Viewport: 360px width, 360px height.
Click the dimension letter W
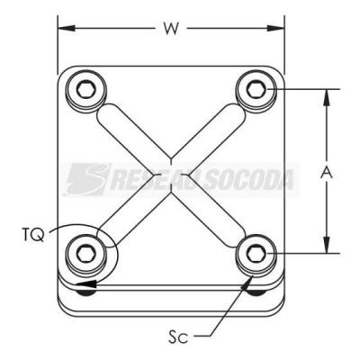point(171,29)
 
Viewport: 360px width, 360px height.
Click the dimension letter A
point(327,173)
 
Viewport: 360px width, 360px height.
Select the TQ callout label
point(33,235)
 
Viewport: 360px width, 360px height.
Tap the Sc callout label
point(178,337)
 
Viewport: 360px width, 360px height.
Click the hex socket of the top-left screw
point(86,89)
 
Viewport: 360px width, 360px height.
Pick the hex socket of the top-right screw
point(256,89)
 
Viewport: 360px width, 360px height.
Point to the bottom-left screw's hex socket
point(86,255)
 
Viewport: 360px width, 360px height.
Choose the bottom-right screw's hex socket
point(256,255)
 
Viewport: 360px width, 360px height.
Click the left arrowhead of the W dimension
point(66,29)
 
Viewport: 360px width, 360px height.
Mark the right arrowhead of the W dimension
point(275,29)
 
